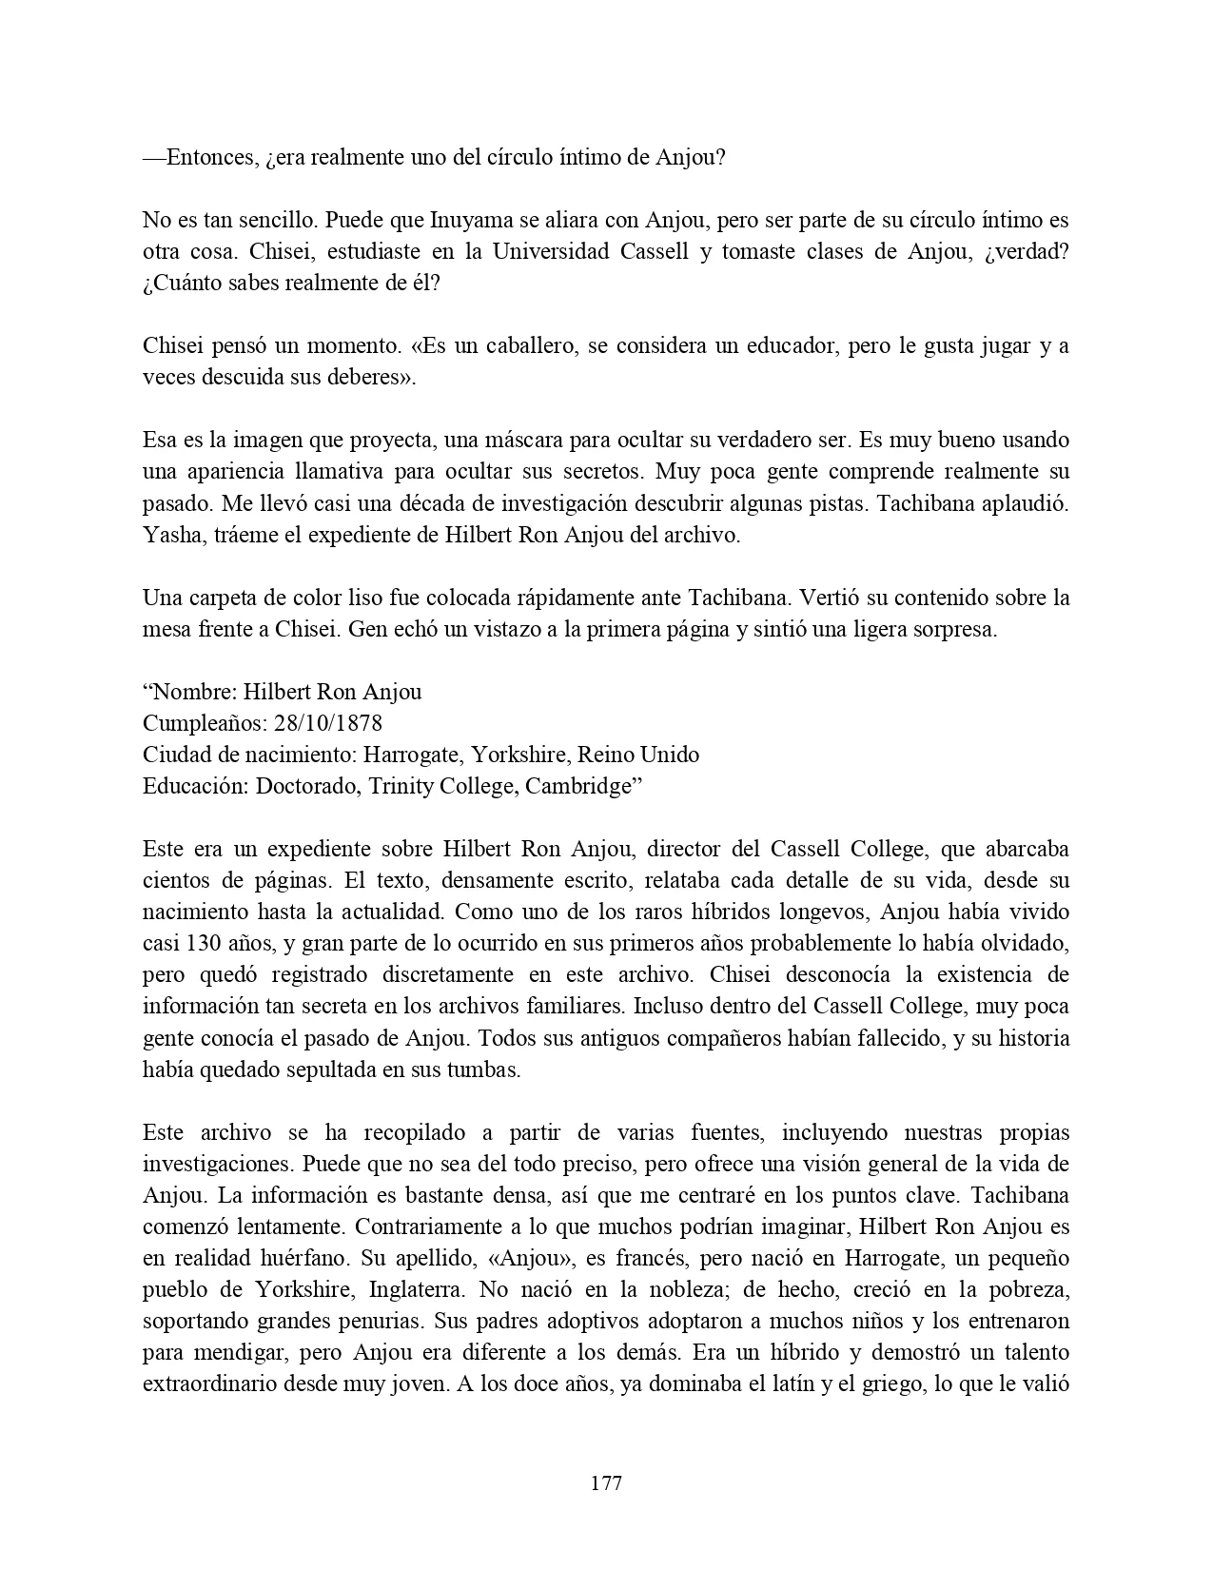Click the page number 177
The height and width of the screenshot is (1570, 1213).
coord(606,1482)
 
